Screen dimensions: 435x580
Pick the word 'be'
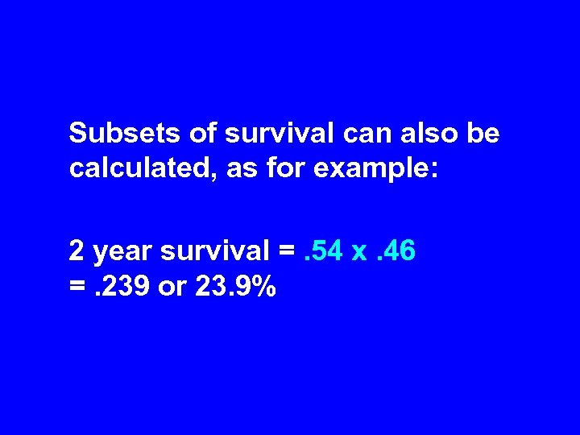pyautogui.click(x=483, y=133)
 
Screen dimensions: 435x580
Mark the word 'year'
pyautogui.click(x=123, y=253)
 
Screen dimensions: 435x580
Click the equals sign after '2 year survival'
pyautogui.click(x=286, y=252)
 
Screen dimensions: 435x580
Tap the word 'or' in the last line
pyautogui.click(x=172, y=288)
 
